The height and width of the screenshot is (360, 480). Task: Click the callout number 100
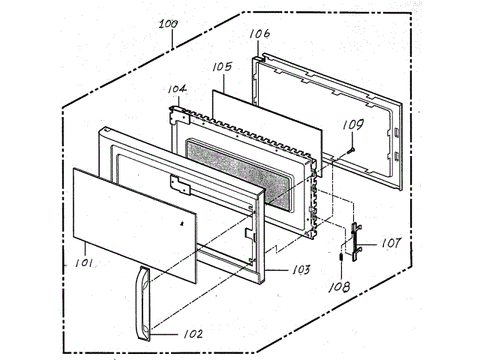click(x=168, y=24)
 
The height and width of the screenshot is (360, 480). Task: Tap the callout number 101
click(x=84, y=262)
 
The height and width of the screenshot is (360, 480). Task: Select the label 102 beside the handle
click(x=193, y=334)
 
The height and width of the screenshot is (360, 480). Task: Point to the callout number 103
click(x=301, y=269)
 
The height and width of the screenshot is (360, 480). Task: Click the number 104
click(x=177, y=89)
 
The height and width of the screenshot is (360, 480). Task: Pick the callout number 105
click(x=222, y=67)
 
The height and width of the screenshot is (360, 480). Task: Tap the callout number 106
click(x=259, y=34)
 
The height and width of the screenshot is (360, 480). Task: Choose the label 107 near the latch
click(x=391, y=243)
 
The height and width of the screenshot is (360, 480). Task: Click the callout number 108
click(x=339, y=286)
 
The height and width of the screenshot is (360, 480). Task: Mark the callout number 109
click(x=353, y=124)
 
